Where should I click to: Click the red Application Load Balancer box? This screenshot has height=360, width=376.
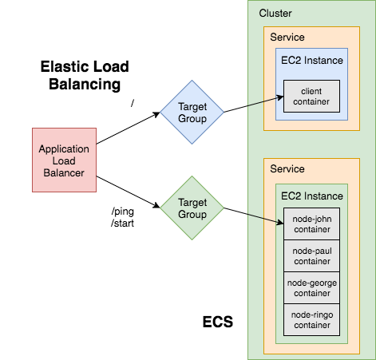[65, 160]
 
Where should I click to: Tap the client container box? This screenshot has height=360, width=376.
[311, 97]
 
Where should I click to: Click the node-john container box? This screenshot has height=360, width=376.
[311, 224]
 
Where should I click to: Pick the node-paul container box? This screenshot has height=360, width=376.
[311, 255]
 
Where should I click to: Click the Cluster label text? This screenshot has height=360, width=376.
[275, 14]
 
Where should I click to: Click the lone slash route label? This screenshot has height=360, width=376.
[133, 102]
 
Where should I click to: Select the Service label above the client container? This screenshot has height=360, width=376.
[287, 38]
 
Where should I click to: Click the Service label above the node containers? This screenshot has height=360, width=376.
[287, 170]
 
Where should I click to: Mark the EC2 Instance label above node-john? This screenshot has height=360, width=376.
[311, 196]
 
